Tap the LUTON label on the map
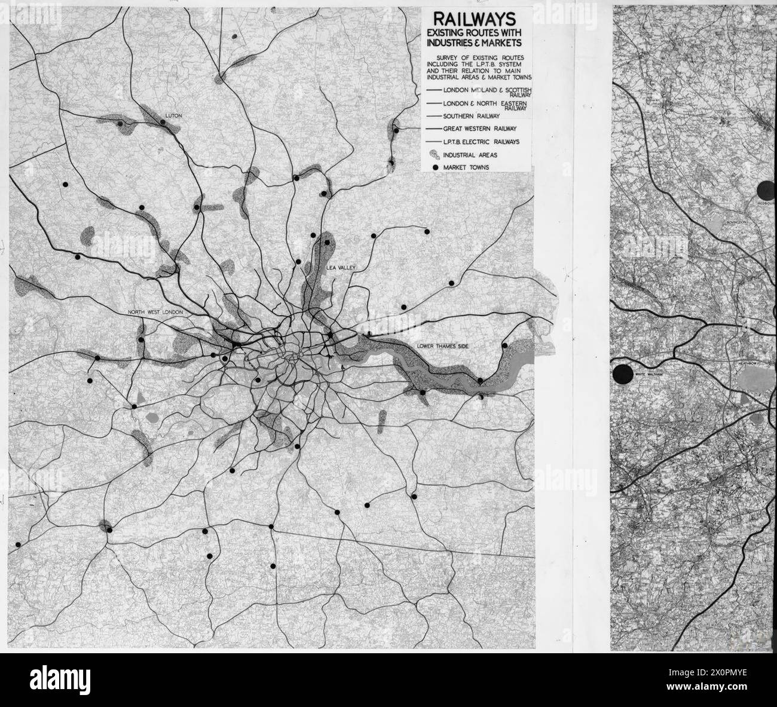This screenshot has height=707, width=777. tap(175, 114)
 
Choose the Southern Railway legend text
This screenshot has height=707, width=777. tap(471, 116)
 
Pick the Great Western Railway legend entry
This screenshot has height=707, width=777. tap(479, 128)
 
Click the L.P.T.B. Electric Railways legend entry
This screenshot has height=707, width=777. tap(481, 142)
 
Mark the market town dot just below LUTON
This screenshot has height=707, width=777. tap(163, 122)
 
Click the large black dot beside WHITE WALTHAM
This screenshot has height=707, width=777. tap(623, 375)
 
